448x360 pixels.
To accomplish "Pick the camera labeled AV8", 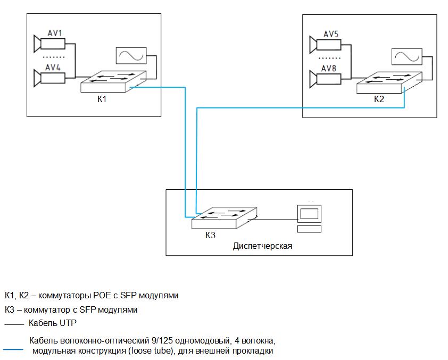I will coord(330,79).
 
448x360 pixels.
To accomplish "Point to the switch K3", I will coord(225,217).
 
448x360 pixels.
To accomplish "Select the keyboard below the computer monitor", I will coord(309,229).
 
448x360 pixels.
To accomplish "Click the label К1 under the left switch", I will coord(103,99).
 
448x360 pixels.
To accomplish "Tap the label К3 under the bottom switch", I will coord(210,235).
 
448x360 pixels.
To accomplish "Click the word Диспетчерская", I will coord(263,246).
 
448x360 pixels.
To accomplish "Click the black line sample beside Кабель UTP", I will coord(14,323).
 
